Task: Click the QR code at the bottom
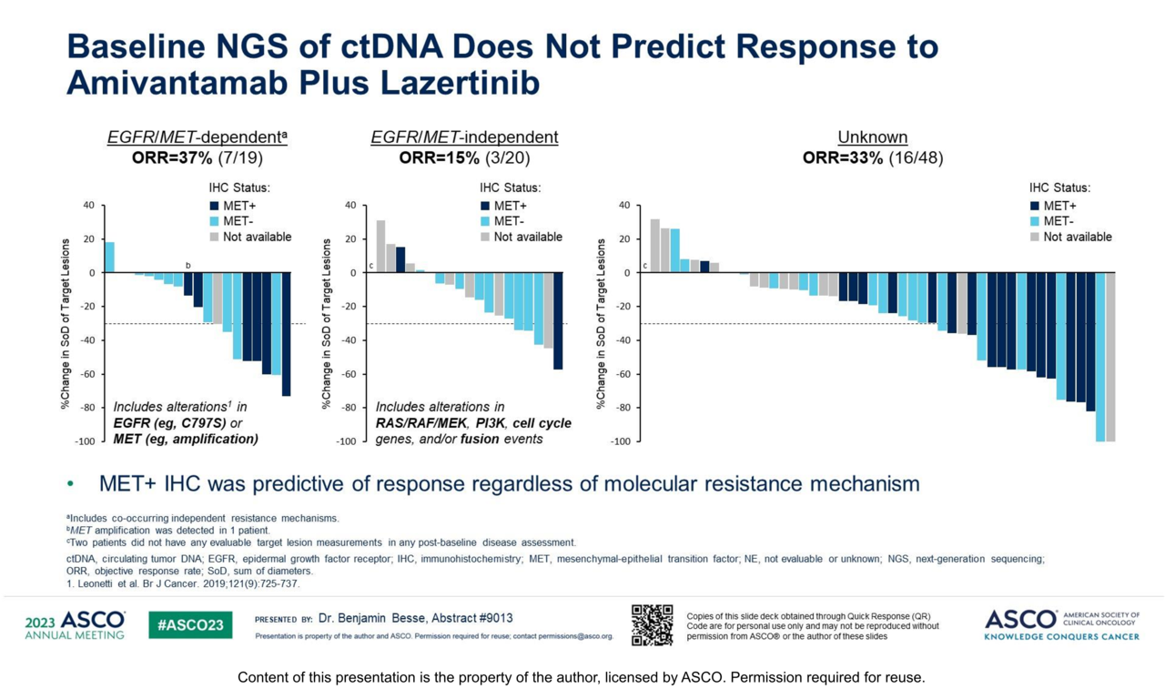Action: coord(652,625)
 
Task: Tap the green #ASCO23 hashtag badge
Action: coord(190,625)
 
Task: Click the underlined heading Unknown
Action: coord(872,137)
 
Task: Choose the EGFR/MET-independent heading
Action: coord(464,137)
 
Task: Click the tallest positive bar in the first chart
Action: coord(109,257)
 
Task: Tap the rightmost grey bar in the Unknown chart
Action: coord(1110,357)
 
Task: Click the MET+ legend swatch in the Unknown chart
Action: coord(1035,207)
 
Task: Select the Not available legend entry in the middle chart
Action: coord(528,238)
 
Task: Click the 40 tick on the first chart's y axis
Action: coord(88,206)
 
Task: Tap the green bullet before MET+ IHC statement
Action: coord(70,484)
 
